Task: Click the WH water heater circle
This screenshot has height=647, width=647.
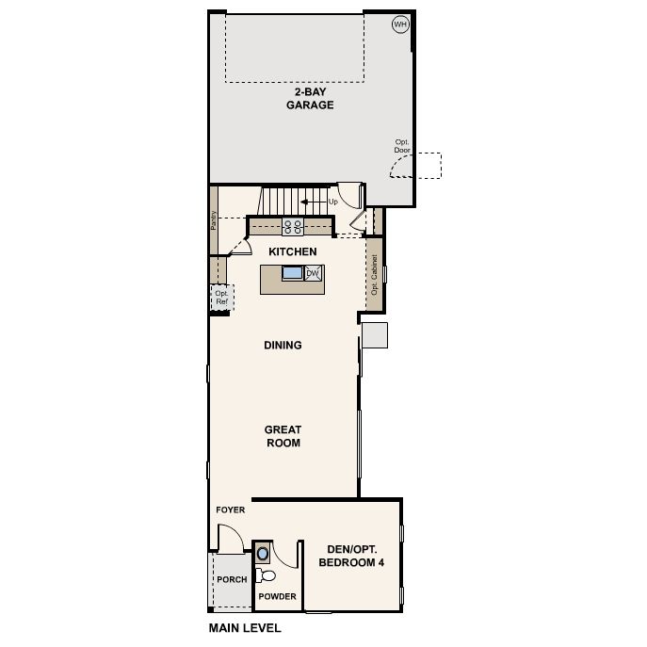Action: click(400, 24)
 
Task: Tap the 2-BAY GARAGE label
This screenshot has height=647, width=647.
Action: click(310, 99)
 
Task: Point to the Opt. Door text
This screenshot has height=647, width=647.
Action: click(402, 146)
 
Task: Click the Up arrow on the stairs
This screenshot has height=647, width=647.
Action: click(314, 202)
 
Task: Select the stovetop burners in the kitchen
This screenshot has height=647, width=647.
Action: click(293, 227)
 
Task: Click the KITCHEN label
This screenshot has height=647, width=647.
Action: click(293, 251)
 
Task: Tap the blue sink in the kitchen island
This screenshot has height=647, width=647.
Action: click(293, 273)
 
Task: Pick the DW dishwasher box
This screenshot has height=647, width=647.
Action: click(314, 273)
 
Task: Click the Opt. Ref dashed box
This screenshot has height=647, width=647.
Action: click(222, 297)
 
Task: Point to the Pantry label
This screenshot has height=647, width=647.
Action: click(214, 220)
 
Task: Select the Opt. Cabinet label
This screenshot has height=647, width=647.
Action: click(374, 274)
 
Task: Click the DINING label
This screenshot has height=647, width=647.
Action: click(283, 345)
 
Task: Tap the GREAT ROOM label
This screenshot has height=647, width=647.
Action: click(283, 436)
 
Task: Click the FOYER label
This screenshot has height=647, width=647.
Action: click(230, 510)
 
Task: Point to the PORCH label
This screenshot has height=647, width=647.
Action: click(232, 579)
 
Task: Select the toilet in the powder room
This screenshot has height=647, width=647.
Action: click(266, 575)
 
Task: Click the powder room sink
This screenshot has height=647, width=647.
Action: click(263, 554)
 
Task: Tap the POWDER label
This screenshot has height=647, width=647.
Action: click(277, 596)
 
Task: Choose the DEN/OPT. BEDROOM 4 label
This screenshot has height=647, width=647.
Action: click(351, 556)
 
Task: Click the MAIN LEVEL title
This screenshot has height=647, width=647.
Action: click(245, 628)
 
